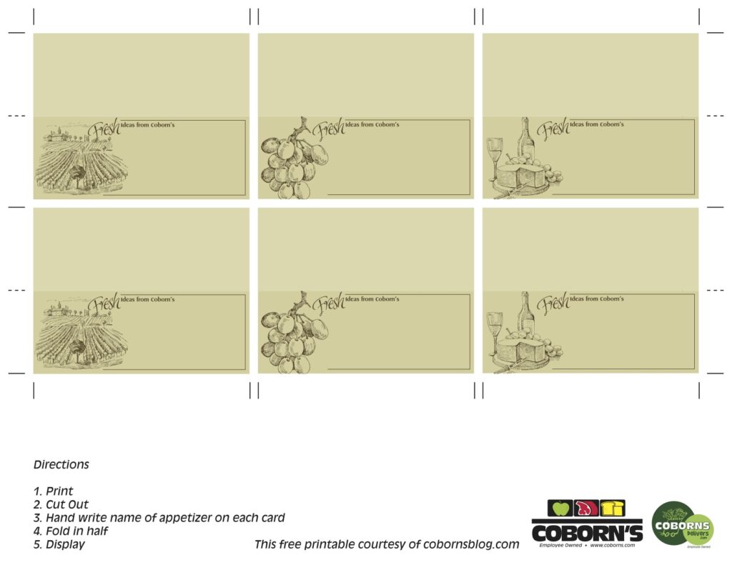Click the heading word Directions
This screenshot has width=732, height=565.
(x=61, y=464)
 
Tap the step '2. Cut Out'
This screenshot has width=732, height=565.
(x=61, y=504)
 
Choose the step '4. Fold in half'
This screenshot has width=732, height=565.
(x=71, y=531)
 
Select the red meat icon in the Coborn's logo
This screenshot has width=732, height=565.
(x=587, y=508)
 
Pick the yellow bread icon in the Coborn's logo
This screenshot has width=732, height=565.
(x=613, y=508)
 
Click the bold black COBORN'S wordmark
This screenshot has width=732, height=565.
(x=587, y=532)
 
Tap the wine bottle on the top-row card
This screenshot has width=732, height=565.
(x=526, y=141)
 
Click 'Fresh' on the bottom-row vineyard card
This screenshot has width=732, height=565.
(x=104, y=304)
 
